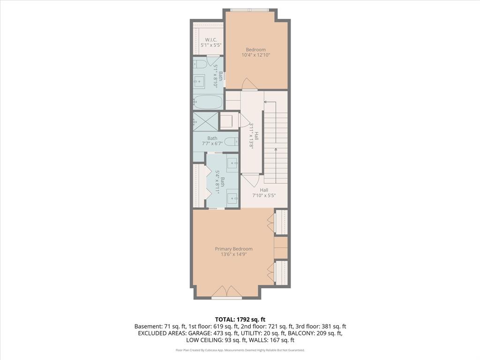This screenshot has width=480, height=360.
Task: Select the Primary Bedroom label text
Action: click(x=233, y=249)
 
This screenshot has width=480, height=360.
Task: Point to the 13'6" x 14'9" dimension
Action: click(x=233, y=255)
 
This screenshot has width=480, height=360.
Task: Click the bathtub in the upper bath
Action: click(x=208, y=101)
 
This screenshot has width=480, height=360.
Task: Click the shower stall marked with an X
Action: click(x=206, y=121)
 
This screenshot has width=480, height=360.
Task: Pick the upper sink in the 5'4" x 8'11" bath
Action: click(x=232, y=163)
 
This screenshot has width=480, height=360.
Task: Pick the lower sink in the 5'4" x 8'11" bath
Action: click(x=232, y=197)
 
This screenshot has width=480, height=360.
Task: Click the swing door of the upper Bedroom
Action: click(x=249, y=84)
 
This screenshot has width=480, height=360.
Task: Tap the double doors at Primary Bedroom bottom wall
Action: click(x=226, y=292)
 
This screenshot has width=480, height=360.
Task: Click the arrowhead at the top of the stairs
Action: click(x=266, y=101)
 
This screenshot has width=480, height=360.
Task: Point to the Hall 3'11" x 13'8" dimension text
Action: click(x=252, y=136)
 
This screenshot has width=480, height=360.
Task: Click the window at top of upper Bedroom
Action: click(x=249, y=10)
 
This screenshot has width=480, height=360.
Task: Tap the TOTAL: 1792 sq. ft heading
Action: click(x=240, y=319)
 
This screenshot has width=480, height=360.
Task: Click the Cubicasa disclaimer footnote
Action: click(x=240, y=350)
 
